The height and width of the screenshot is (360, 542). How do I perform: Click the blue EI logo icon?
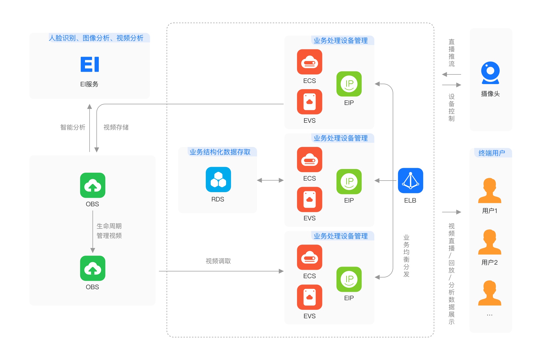(90, 64)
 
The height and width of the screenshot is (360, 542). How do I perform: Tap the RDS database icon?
(218, 180)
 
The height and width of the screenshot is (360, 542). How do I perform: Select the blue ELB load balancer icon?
(410, 181)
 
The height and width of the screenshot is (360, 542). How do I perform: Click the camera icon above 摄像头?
(490, 73)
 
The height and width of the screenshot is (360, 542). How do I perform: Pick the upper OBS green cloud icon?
(93, 185)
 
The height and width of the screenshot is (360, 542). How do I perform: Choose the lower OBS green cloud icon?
(93, 268)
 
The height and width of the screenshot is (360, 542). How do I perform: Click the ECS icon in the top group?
(309, 62)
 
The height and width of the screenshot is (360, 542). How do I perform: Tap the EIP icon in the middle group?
(349, 182)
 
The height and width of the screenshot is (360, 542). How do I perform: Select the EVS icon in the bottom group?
(309, 297)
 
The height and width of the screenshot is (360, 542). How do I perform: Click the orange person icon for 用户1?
(489, 191)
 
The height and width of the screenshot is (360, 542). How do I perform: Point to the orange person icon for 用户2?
(489, 242)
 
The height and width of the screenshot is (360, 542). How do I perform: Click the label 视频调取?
(218, 261)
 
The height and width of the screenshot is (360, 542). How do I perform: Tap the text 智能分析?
(73, 128)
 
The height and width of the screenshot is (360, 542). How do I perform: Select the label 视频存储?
(116, 128)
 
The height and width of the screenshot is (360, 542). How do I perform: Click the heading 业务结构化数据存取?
(220, 152)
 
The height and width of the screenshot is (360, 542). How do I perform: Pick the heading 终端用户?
(491, 153)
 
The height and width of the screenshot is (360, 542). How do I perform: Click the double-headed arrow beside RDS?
(270, 180)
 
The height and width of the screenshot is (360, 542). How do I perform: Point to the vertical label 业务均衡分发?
(406, 256)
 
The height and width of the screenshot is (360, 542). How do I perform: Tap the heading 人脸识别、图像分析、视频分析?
(96, 38)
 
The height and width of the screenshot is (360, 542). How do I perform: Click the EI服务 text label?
(89, 84)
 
